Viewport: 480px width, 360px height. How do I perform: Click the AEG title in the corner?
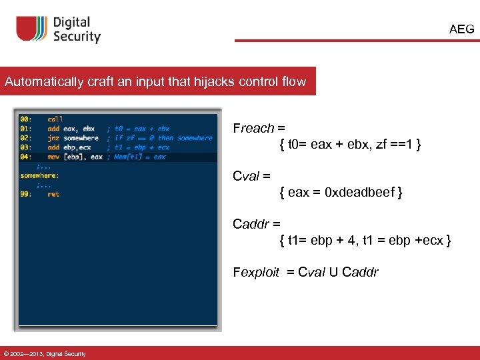(461, 29)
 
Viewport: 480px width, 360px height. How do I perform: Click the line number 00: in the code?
(26, 119)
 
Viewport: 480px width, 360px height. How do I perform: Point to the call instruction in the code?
(55, 119)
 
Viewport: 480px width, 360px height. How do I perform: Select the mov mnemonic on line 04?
(53, 157)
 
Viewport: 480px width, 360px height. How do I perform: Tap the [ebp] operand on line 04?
(73, 157)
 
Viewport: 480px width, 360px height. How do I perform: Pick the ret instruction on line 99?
(53, 194)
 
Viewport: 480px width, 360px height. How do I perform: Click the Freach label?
(253, 129)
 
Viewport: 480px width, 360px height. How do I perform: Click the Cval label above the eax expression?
(247, 177)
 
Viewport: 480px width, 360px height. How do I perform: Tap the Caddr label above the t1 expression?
(252, 224)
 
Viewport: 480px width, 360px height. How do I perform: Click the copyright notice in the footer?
(44, 353)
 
